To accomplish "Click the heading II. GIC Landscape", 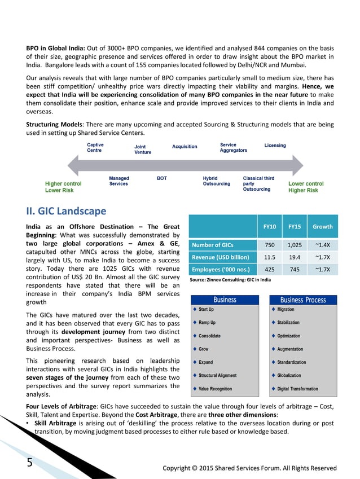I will tap(67, 212).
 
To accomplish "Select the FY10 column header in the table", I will tap(270, 227).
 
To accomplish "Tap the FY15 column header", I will tap(295, 227).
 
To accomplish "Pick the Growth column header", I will tap(322, 227).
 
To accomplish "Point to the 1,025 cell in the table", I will tap(295, 245).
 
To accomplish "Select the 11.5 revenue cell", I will tap(270, 257).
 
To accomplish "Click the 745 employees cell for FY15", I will tap(295, 270).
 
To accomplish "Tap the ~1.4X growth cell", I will tap(322, 245).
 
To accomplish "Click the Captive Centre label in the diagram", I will tap(95, 147).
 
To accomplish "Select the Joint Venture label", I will tap(143, 150).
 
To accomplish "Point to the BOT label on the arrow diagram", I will tap(162, 178).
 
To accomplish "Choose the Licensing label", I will tap(275, 146).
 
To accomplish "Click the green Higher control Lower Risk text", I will tap(63, 187).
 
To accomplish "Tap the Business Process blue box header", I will tap(303, 300).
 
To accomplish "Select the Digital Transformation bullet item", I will tap(297, 389).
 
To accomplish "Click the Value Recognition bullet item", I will tap(215, 389).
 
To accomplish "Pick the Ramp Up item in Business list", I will tap(207, 323).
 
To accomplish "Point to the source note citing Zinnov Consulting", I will tap(230, 280).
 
